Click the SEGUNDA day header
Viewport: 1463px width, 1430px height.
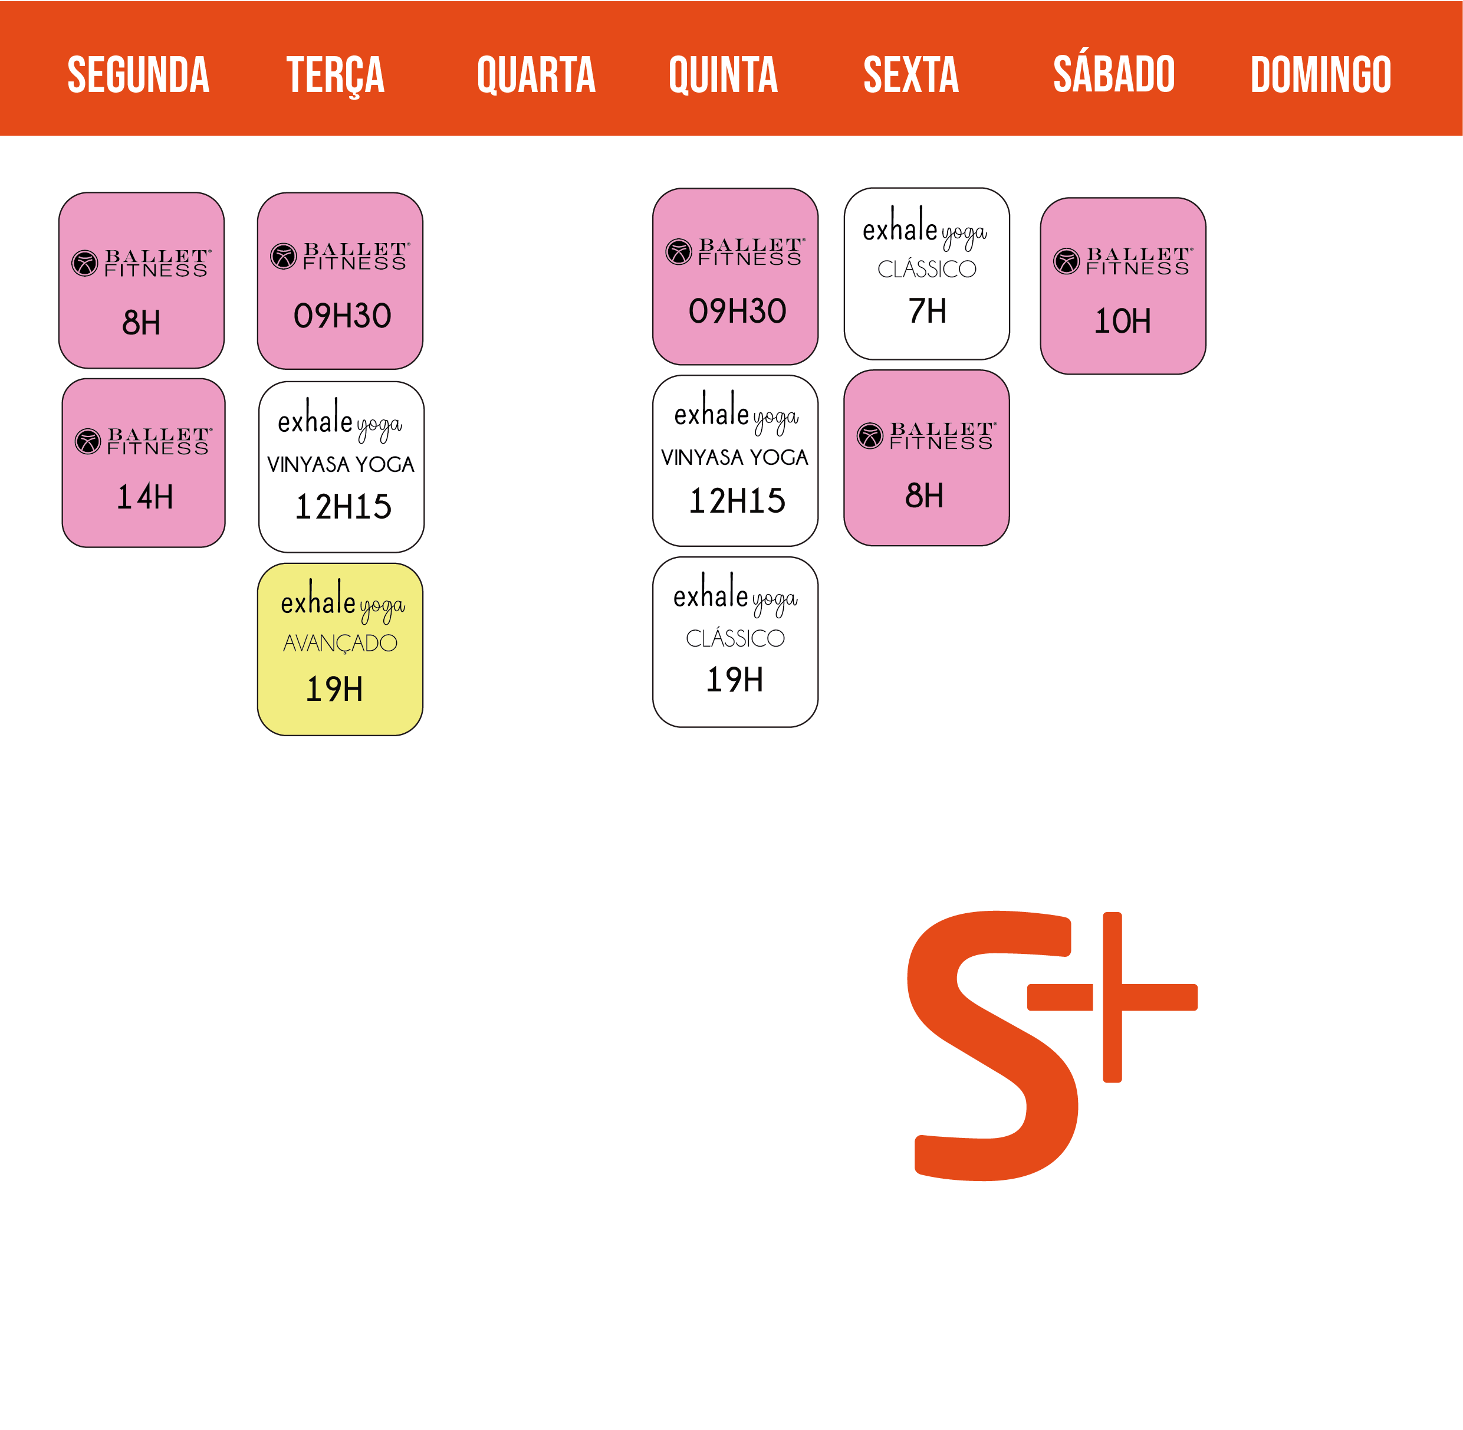point(138,74)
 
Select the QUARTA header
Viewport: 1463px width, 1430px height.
point(536,75)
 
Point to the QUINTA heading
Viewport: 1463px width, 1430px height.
point(723,75)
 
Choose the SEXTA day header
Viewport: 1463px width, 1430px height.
point(911,74)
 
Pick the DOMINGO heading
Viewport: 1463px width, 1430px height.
point(1320,74)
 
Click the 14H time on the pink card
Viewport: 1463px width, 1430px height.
point(145,497)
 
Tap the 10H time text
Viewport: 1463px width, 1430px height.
point(1122,322)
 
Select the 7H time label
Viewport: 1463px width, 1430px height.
point(927,311)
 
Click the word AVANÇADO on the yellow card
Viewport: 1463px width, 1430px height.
point(340,644)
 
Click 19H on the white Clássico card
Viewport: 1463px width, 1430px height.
point(735,680)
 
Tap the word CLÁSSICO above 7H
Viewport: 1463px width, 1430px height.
point(927,268)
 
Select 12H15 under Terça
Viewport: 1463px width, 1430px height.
point(343,507)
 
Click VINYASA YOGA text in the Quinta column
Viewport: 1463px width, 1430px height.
point(734,457)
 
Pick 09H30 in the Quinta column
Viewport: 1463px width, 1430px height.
point(737,311)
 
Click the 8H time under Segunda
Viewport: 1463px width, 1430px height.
point(141,323)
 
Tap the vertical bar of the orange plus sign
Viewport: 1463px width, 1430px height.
point(1113,996)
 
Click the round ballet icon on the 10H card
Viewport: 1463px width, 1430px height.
point(1066,261)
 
